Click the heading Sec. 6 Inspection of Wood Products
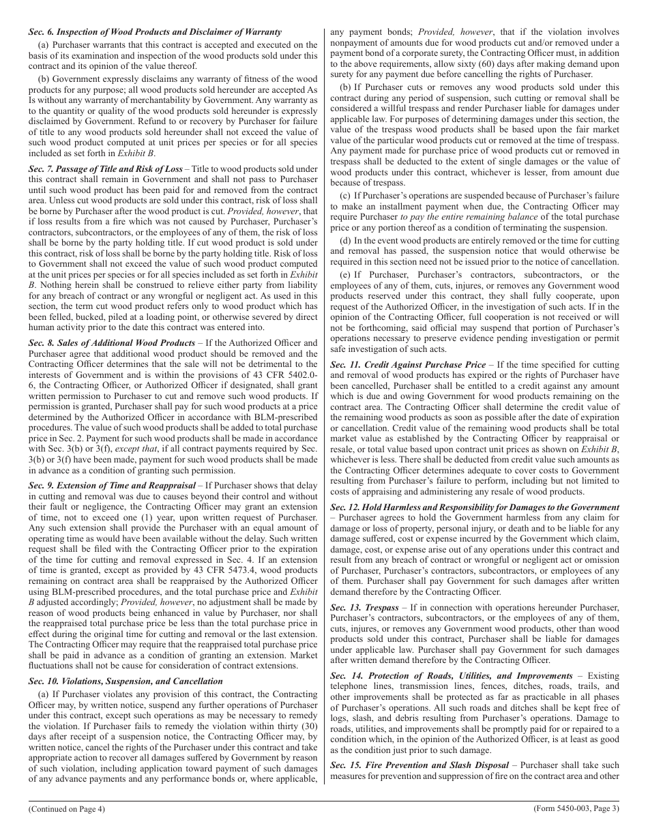(155, 32)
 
